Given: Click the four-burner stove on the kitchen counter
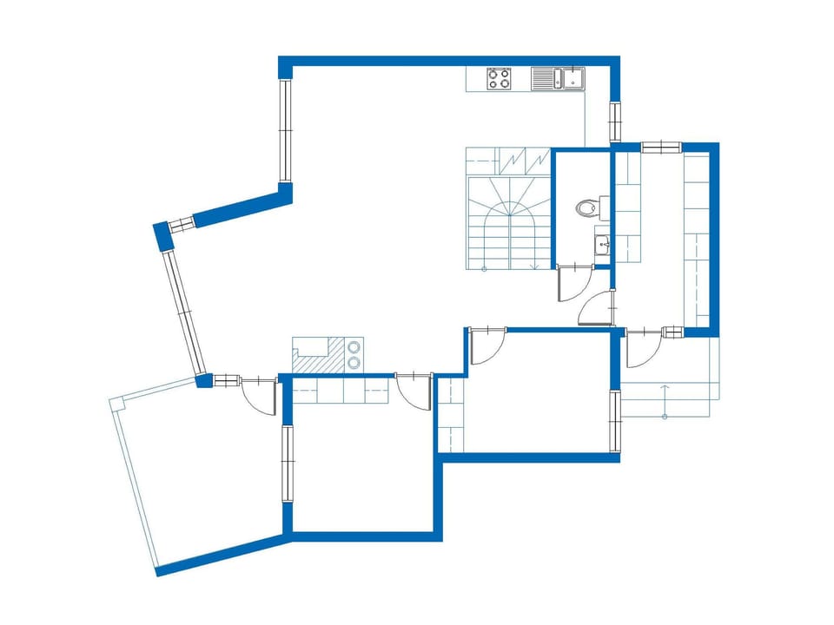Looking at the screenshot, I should point(499,79).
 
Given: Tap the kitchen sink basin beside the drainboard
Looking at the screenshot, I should point(573,79).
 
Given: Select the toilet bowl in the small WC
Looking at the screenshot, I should point(588,207).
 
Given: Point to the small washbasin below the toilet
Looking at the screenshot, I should point(603,245).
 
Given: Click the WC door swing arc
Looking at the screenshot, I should point(572,284).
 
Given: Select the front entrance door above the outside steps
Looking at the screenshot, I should point(642,349).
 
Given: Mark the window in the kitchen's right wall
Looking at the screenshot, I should point(615,122).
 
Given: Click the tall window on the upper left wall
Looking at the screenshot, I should point(284,130).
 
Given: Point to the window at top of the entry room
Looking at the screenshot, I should point(660,147).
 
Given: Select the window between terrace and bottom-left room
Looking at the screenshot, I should point(286,464).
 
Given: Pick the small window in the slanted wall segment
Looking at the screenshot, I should point(182,225).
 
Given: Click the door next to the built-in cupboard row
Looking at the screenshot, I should point(414,392).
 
